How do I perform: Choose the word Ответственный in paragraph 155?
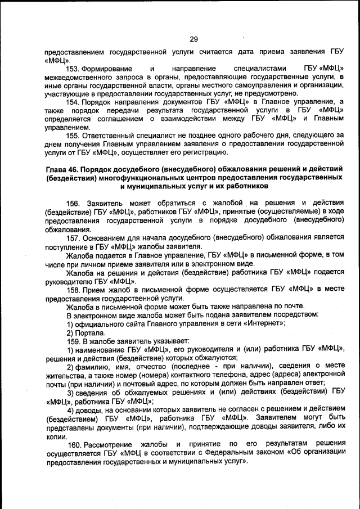(110, 136)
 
